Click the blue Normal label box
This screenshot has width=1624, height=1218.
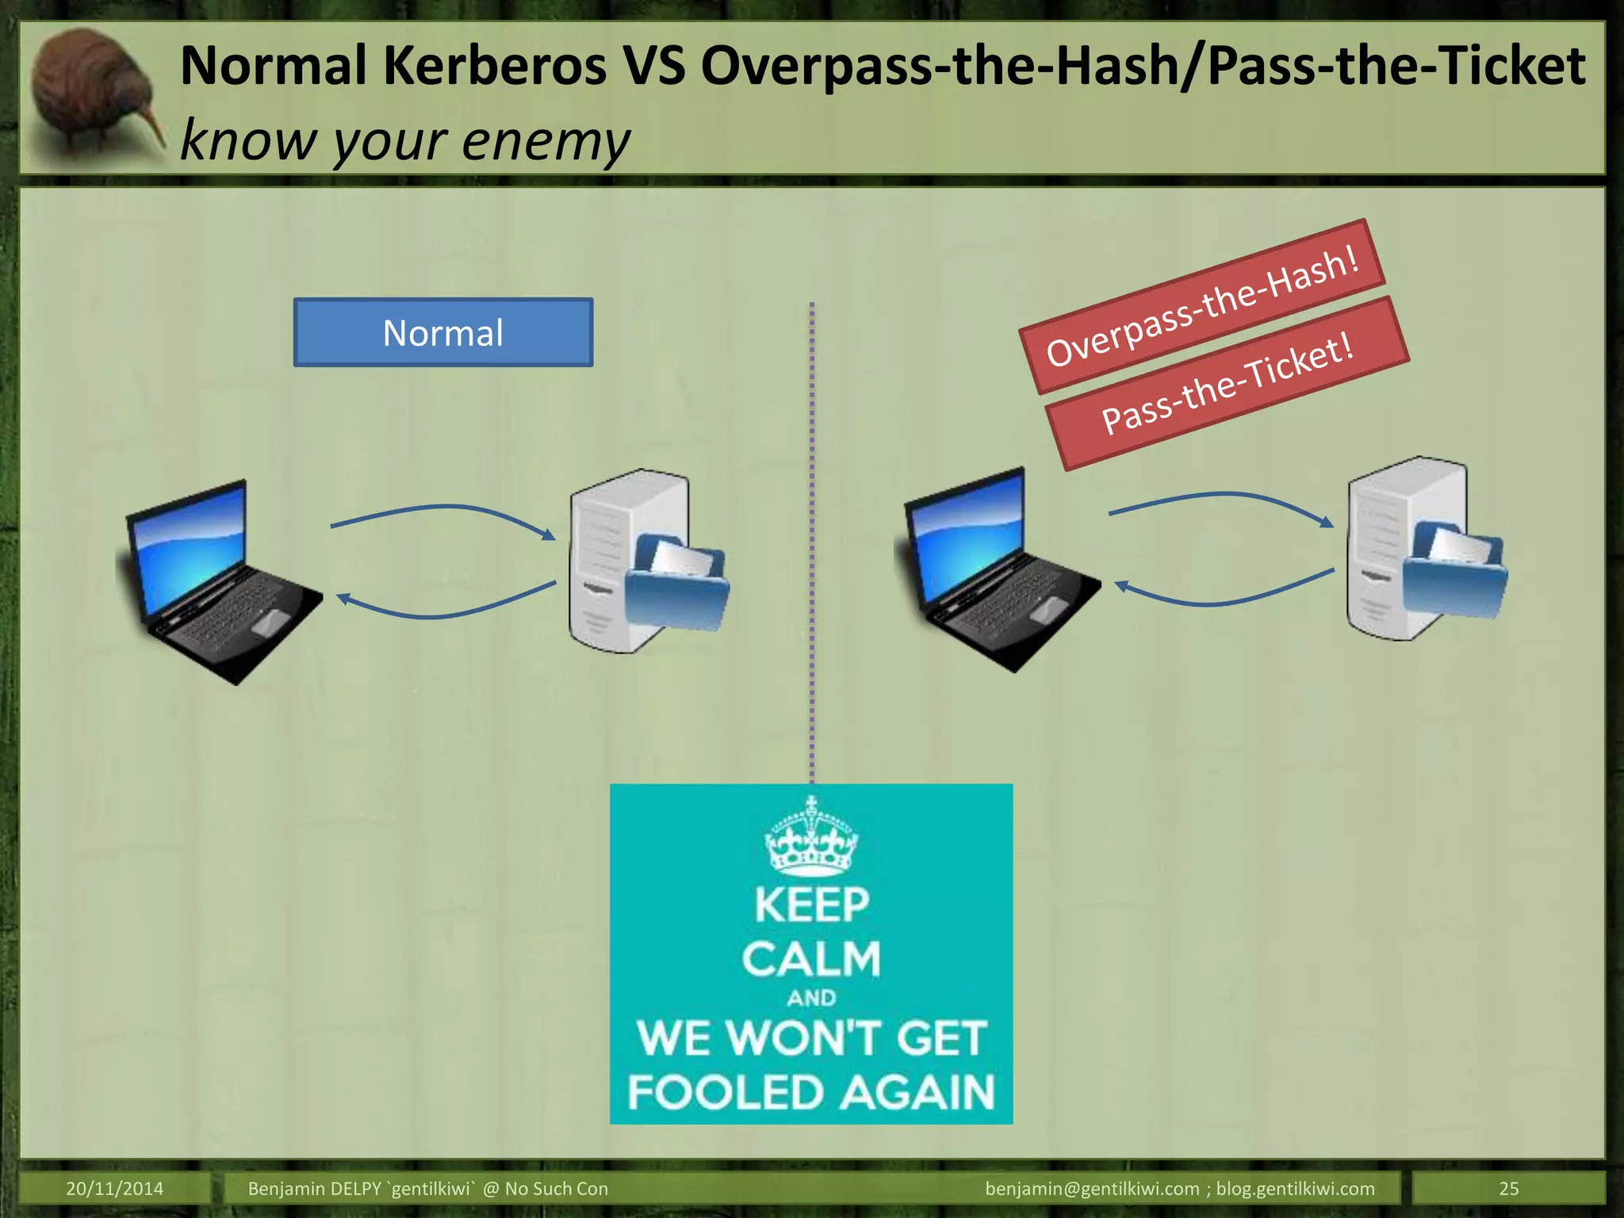442,332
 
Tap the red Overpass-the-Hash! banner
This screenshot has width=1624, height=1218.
1201,307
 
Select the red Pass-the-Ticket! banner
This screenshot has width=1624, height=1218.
1227,384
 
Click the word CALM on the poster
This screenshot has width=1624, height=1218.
811,959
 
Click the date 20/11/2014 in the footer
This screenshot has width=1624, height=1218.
114,1189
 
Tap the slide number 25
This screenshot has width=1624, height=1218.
1508,1189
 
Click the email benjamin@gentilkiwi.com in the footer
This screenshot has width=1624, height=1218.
1092,1189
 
